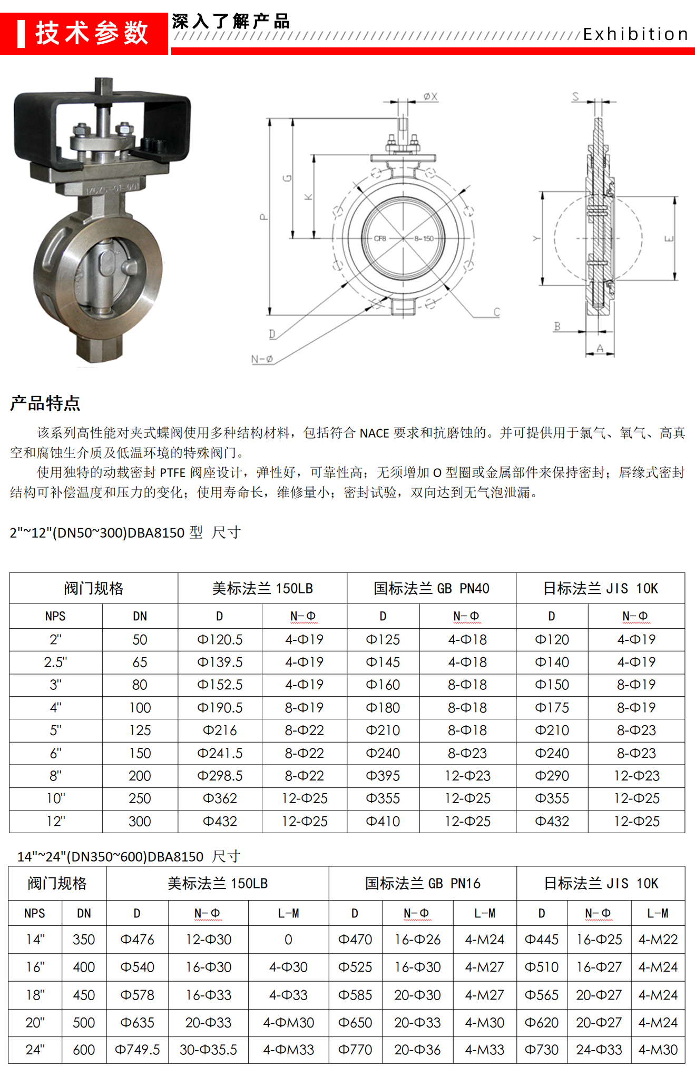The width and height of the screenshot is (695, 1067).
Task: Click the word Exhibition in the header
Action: point(635,34)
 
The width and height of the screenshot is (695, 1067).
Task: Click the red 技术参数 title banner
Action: point(84,33)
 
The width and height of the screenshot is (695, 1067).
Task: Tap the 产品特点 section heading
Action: point(45,403)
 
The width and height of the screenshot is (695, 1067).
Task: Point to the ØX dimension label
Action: point(430,96)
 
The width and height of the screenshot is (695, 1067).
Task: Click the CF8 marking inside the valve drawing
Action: point(380,239)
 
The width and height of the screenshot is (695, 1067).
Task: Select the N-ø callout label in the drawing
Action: point(262,359)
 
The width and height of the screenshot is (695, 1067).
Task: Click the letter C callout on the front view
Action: point(496,312)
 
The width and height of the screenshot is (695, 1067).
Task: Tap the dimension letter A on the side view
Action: point(600,348)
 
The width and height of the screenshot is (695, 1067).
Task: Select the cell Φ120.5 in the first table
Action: point(220,639)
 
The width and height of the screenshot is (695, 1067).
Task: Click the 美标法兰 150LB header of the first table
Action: point(262,588)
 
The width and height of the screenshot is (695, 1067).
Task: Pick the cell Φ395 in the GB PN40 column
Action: point(383,776)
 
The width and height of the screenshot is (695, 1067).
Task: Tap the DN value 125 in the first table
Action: point(140,730)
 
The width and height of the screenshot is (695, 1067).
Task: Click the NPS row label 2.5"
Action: point(55,662)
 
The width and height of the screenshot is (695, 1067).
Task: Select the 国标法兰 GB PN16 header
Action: point(422,883)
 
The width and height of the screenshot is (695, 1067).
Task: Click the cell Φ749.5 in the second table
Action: point(137,1050)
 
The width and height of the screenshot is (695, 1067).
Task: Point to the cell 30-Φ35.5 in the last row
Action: point(208,1050)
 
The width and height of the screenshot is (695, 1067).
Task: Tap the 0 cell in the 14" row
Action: point(288,940)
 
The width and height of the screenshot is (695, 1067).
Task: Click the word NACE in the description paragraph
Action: point(374,433)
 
